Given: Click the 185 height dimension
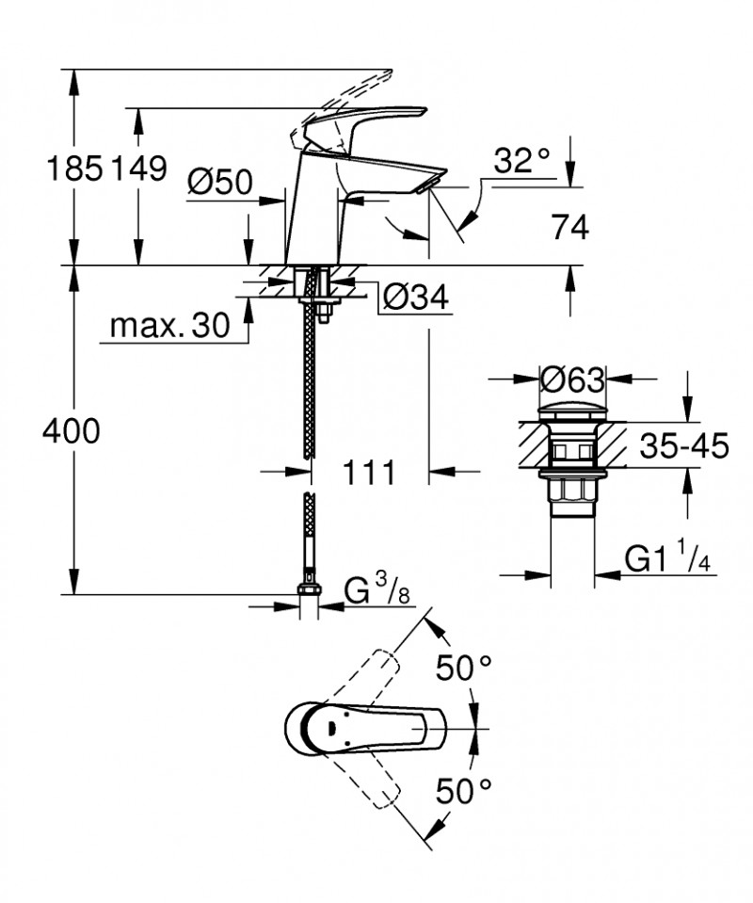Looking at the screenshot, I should pos(74,169).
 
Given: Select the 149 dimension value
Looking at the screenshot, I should pos(138,169).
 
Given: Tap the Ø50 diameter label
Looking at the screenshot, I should pos(219,181).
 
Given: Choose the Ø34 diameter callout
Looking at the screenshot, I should pos(415,298).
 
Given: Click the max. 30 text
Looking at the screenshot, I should pos(169,326).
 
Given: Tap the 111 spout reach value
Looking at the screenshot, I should pos(367,473).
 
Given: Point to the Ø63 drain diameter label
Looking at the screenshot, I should pos(572,380).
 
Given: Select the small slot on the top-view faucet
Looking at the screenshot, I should pos(331,729).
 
